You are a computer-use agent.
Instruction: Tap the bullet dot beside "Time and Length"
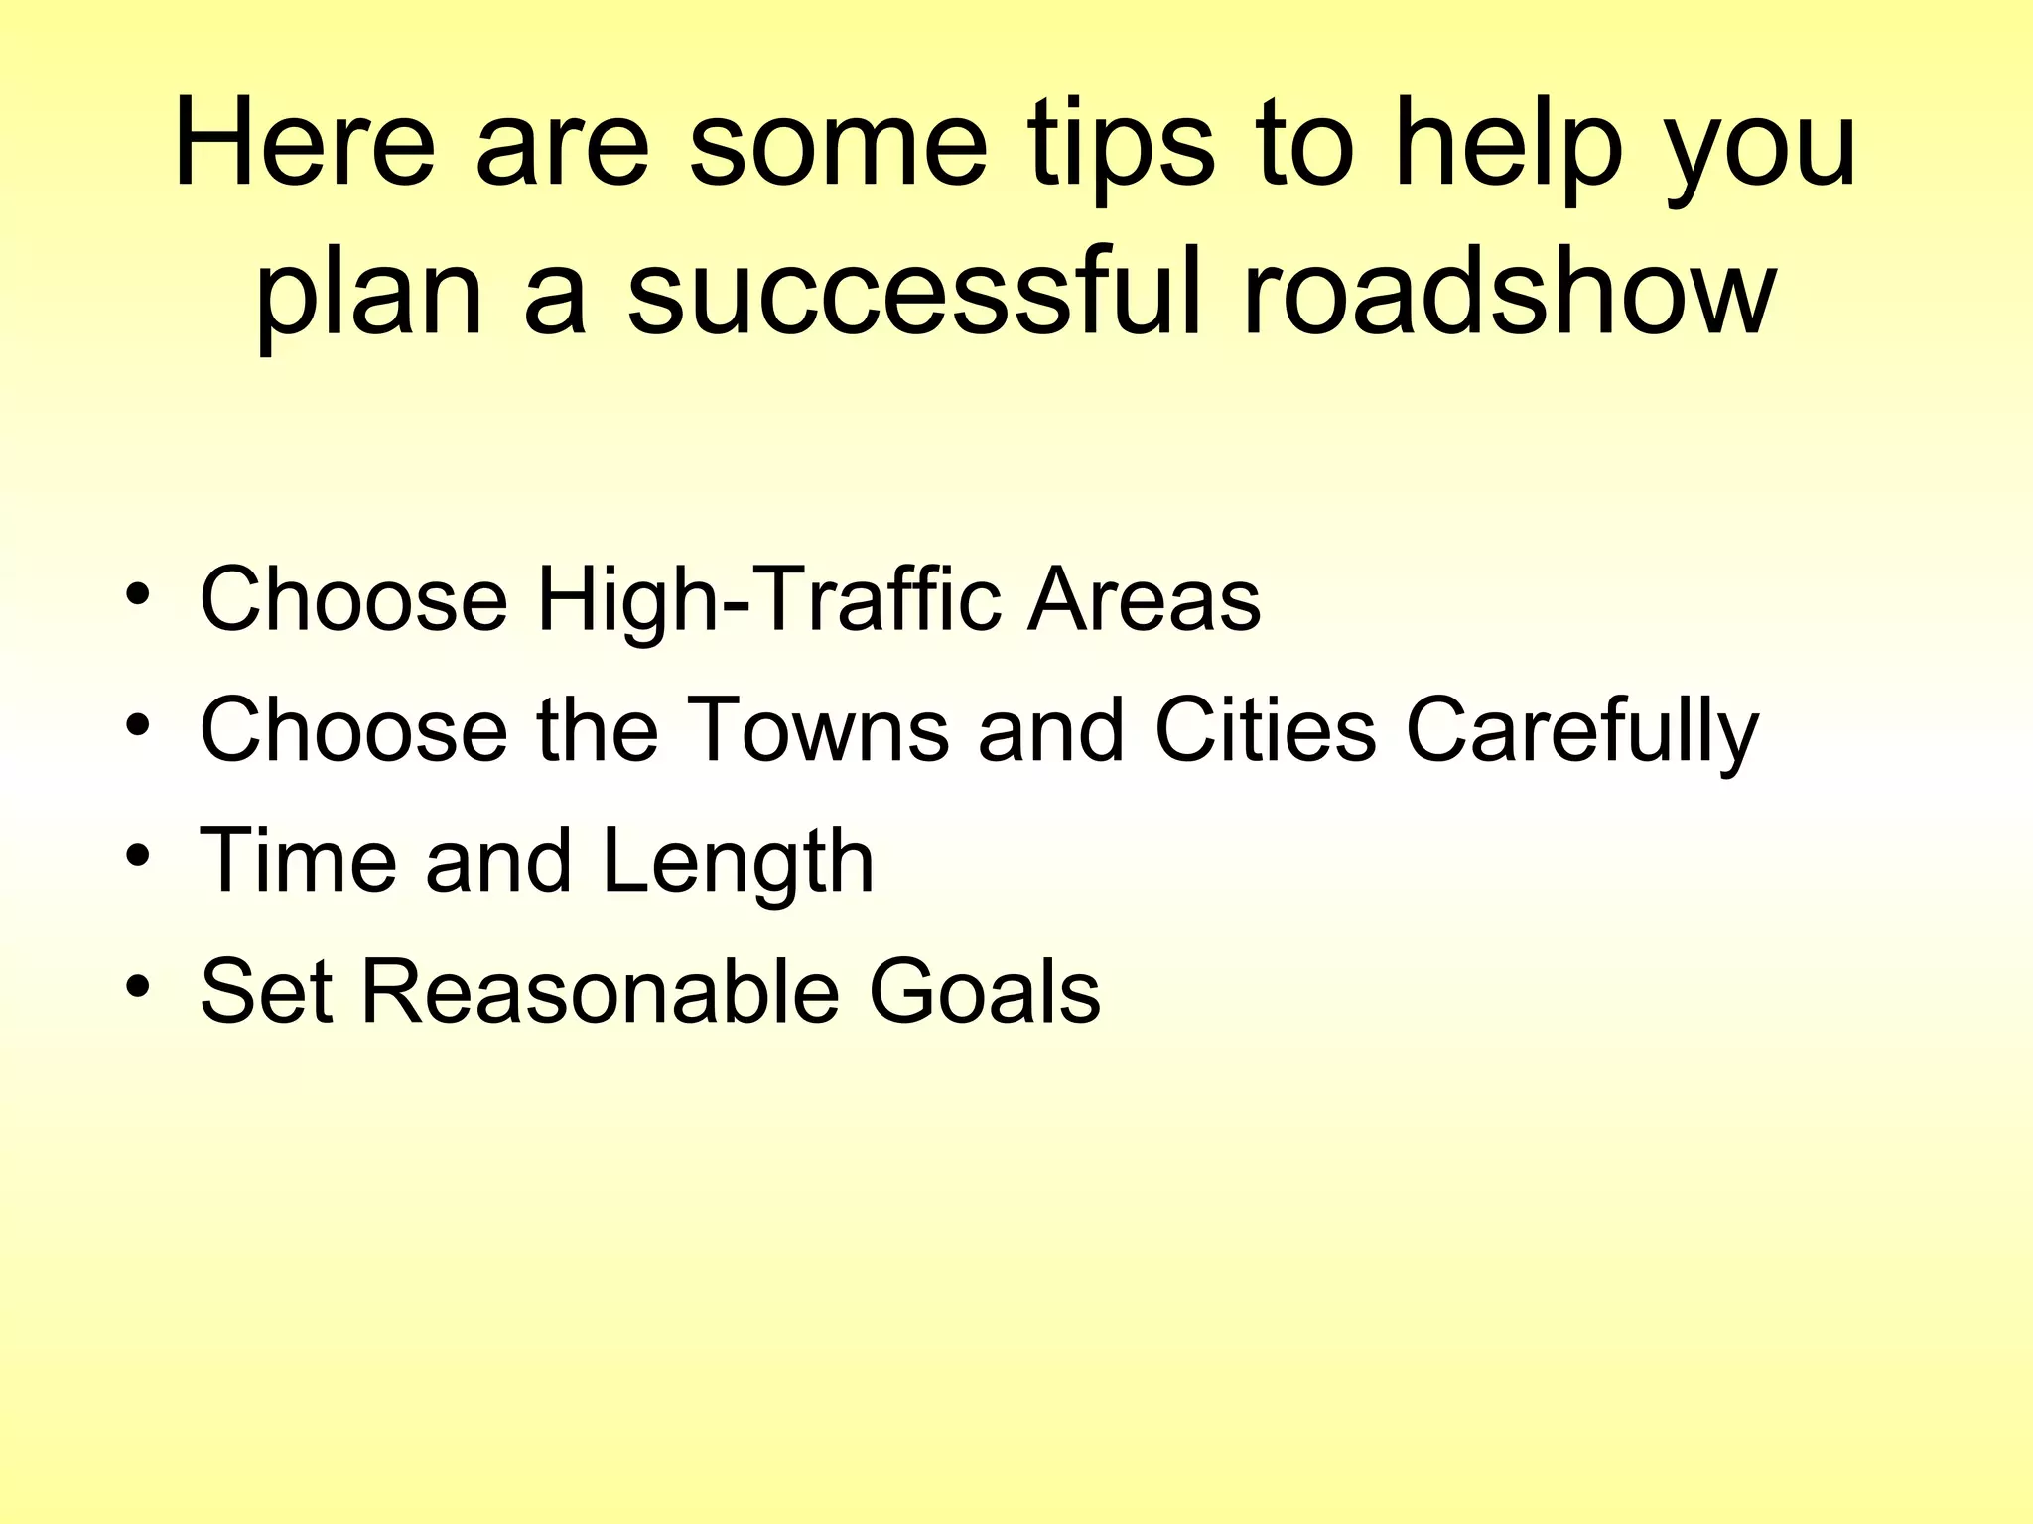pos(138,856)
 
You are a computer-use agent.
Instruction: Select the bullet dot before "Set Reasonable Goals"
pos(138,987)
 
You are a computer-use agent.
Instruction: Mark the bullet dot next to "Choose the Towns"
pos(138,725)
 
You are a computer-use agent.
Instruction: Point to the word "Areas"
pos(1144,599)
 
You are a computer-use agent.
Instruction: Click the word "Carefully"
pos(1582,732)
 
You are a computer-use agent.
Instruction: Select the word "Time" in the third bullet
pos(298,860)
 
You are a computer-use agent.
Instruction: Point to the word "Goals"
pos(984,991)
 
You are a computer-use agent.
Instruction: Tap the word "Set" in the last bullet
pos(266,991)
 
